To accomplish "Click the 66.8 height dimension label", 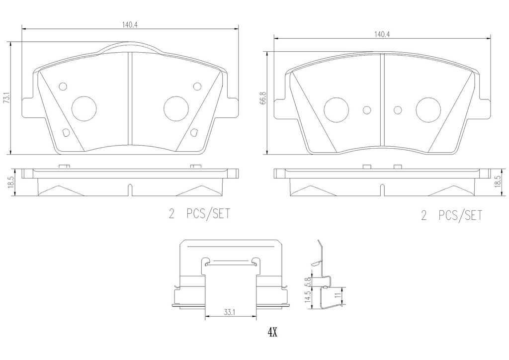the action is (x=263, y=98).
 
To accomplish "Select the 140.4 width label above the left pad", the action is (x=130, y=25).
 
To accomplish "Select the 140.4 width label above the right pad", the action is (x=382, y=34).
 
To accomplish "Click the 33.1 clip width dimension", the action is (x=229, y=313).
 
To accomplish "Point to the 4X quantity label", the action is (x=272, y=332).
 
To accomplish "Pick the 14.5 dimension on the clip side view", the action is (x=308, y=296).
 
